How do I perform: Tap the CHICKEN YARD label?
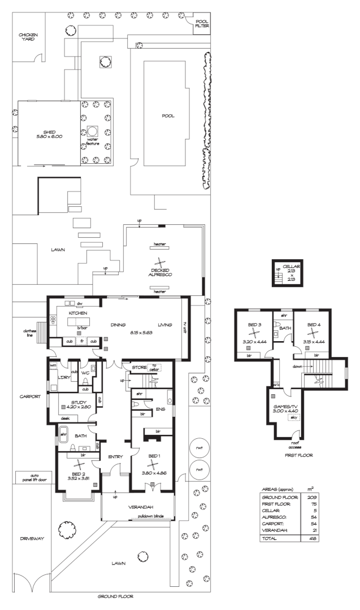pyautogui.click(x=28, y=37)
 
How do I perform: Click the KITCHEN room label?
pyautogui.click(x=77, y=312)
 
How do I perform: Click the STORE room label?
pyautogui.click(x=138, y=368)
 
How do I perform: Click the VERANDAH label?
pyautogui.click(x=137, y=507)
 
